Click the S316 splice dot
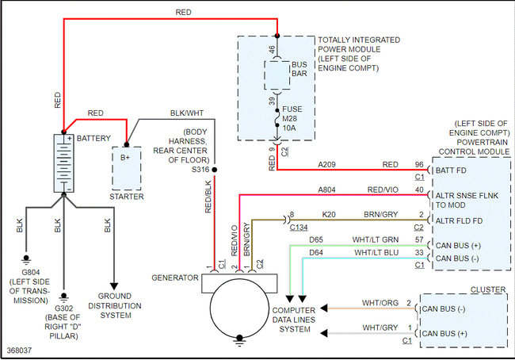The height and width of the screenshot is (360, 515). coord(215,170)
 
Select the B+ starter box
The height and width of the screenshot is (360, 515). coord(127,168)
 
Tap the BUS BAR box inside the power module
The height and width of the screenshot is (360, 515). coord(277,75)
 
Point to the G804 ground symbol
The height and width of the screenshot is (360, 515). coord(26,260)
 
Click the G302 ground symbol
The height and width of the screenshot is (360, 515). coord(64,297)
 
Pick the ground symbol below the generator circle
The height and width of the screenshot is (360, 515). coord(239,340)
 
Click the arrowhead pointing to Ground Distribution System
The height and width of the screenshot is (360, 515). coord(114,286)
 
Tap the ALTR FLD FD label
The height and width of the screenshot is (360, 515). coord(459,221)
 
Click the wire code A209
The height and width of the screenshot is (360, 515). coord(326,164)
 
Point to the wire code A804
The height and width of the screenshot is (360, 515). coord(326,190)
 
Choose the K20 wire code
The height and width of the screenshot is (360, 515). coord(329,215)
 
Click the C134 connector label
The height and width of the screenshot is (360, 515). coord(299,227)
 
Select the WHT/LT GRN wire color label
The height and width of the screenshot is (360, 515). coord(376,239)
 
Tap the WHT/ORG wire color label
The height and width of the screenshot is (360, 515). coord(380,303)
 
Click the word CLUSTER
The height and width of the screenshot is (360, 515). coord(488,289)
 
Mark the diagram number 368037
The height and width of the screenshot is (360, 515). coord(19,350)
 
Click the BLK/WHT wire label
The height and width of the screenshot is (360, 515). coord(187,113)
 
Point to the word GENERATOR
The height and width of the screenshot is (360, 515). coord(175,278)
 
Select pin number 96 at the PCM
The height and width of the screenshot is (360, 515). coord(419,164)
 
